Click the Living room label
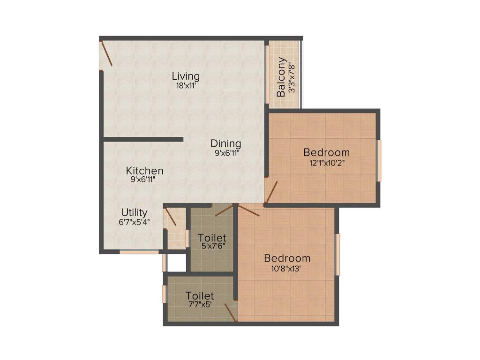coord(186,76)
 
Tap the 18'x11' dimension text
coord(186,86)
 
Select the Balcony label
coord(281,77)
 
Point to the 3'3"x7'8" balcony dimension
coord(292,77)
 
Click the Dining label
coord(225,143)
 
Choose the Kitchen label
coord(144,171)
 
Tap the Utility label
coord(134,212)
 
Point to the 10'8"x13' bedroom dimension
coord(287,268)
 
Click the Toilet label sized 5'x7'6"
coord(212,237)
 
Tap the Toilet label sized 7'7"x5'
coord(200,296)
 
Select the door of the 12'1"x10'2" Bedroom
coord(271,193)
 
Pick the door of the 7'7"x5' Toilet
coord(230,312)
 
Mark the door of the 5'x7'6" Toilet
coord(224,210)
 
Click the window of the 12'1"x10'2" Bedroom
coord(379,160)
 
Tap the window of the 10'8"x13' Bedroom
coord(337,255)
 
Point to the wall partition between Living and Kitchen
coord(143,139)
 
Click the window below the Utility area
coord(139,252)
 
